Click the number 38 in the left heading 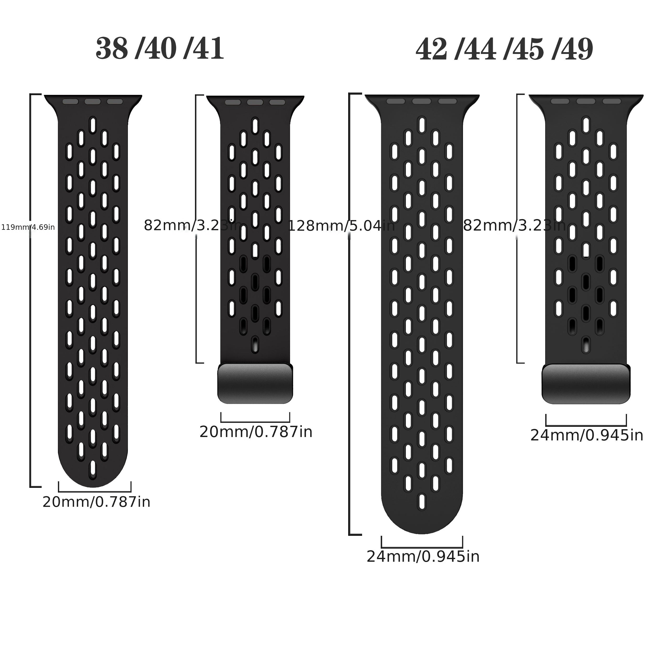coord(112,50)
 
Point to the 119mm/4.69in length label coord(28,227)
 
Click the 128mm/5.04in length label coord(341,226)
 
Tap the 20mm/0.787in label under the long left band coord(96,502)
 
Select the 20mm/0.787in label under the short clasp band coord(256,432)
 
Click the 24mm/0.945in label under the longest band coord(423,557)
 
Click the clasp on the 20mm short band coord(255,384)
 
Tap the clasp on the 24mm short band coord(586,384)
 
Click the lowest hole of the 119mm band coord(92,469)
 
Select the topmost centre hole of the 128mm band coord(422,125)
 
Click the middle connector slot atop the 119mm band coord(92,102)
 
